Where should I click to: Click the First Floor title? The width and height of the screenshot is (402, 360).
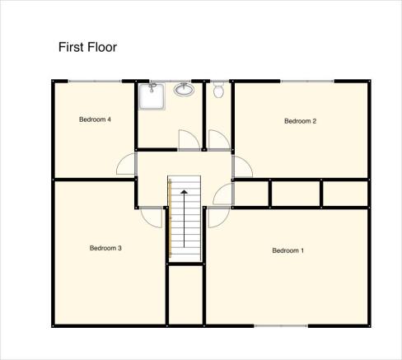(x=87, y=47)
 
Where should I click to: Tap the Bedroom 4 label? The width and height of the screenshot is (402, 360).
(x=95, y=119)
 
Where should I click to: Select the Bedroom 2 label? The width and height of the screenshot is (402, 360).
(x=300, y=121)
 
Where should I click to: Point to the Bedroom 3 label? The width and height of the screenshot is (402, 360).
(x=105, y=248)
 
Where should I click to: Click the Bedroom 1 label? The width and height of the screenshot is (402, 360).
(x=288, y=250)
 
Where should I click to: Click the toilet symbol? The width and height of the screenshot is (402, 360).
(x=218, y=90)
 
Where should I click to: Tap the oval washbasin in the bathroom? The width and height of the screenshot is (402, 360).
(x=184, y=90)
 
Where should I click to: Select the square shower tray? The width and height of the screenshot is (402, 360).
(x=152, y=96)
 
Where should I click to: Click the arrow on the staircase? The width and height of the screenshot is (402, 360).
(x=184, y=218)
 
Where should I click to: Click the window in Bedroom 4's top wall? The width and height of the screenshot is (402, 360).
(x=95, y=82)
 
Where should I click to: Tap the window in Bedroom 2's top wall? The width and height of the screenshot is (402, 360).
(x=307, y=82)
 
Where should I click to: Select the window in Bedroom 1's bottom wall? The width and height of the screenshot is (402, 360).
(x=281, y=326)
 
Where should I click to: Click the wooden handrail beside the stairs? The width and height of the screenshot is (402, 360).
(x=170, y=218)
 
